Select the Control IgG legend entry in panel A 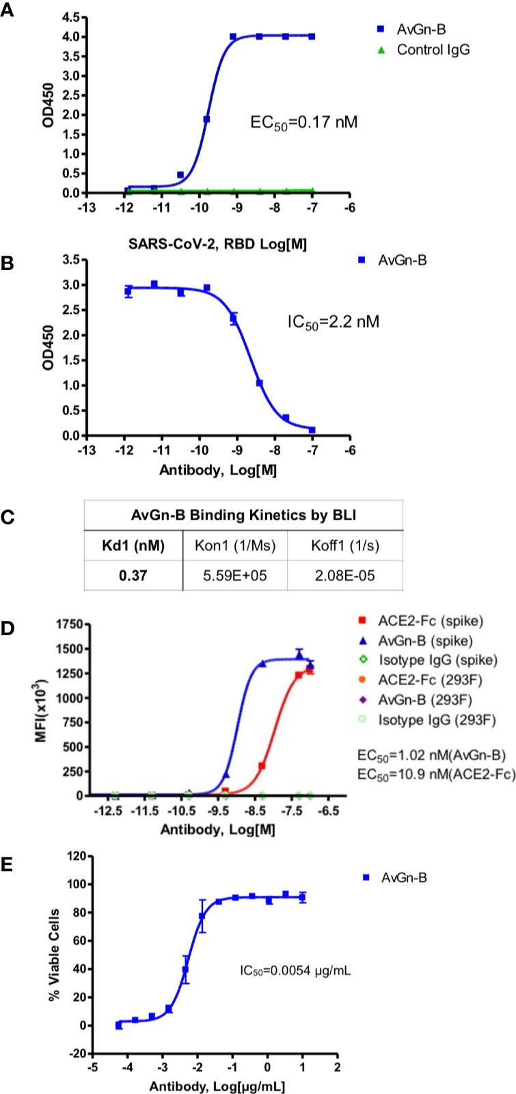coord(433,49)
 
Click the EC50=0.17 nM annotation coord(303,123)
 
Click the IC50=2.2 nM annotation coord(333,320)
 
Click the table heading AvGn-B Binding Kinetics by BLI coord(243,516)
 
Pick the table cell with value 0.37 coord(133,576)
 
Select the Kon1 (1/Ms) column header coord(235,546)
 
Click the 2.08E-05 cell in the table coord(345,576)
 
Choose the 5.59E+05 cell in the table coord(235,576)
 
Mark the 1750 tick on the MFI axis coord(68,624)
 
